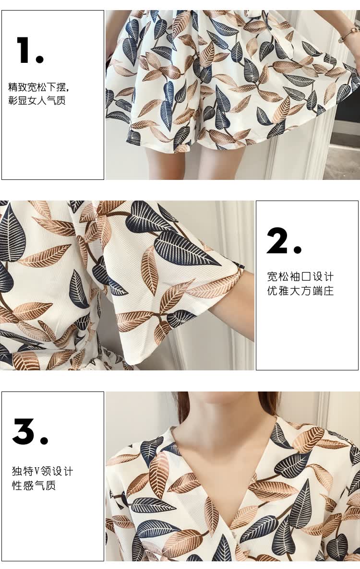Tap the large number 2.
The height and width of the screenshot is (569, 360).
coord(277,240)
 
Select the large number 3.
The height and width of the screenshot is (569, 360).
coord(24,431)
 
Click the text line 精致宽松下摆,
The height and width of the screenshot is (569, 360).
coord(38,87)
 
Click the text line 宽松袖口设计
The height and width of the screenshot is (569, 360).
coord(300,277)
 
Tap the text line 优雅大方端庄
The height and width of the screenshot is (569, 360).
coord(300,291)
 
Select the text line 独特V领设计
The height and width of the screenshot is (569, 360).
coord(42,472)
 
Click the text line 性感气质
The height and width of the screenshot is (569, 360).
coord(34,485)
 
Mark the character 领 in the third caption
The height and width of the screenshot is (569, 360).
coord(46,472)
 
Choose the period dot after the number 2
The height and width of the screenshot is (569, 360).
coord(298,249)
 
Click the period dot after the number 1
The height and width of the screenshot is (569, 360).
coord(39,59)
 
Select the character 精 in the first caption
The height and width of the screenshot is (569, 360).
coord(13,87)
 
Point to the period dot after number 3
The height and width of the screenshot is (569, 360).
coord(44,440)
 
